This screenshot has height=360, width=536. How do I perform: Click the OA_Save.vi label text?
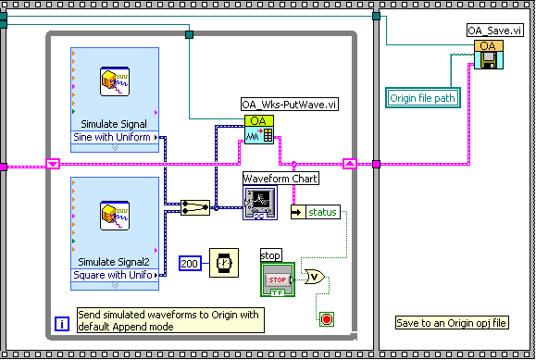tap(496, 31)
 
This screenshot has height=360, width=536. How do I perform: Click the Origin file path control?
tap(422, 96)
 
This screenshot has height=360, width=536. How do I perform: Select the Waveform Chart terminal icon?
tap(259, 201)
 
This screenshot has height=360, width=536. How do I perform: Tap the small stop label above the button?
tap(271, 254)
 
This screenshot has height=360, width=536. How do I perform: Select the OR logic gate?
tap(316, 276)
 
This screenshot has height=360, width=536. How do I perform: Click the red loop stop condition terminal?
tap(326, 319)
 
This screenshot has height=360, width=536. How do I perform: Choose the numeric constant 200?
tap(191, 263)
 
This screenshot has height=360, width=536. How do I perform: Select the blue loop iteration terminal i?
tap(60, 323)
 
